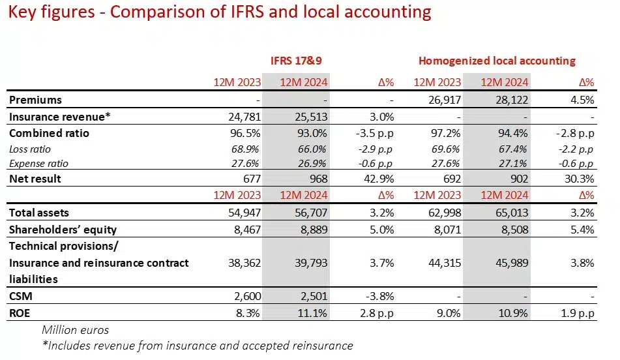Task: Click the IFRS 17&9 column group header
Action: [297, 61]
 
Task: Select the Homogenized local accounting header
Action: [497, 61]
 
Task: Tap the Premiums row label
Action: [36, 100]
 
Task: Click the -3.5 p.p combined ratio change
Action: [374, 133]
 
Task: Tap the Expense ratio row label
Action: [38, 164]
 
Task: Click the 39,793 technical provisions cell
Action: [308, 263]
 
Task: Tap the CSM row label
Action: [21, 296]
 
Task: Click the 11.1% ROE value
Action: [312, 312]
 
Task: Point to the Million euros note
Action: [76, 329]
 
